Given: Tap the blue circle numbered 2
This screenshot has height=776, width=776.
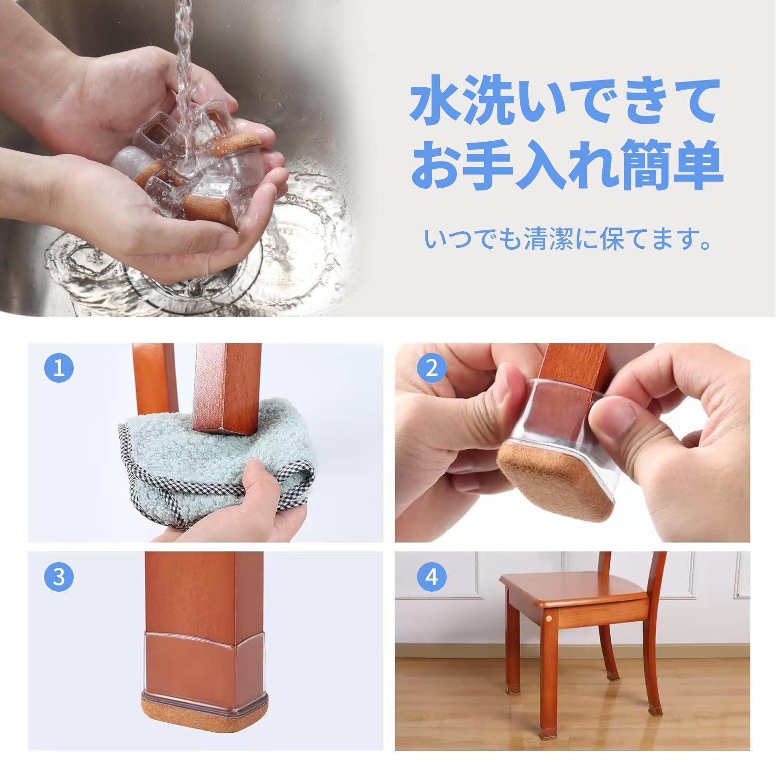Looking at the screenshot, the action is [432, 368].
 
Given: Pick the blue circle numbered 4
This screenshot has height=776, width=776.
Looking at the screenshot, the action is [432, 577].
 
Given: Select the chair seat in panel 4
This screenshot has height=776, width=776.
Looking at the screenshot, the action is [577, 589].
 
